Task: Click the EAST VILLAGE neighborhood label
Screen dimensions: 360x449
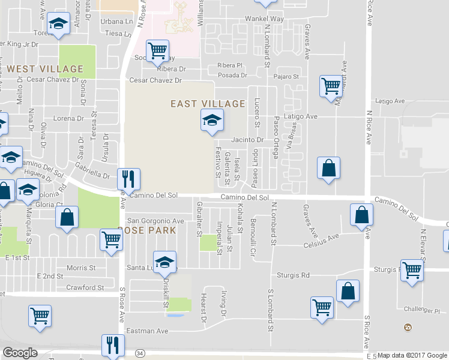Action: [208, 104]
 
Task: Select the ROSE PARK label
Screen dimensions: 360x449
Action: [147, 230]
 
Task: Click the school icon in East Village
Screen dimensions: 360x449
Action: [212, 121]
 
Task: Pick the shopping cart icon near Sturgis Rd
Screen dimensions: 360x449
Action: [412, 271]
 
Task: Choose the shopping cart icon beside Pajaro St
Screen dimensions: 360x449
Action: [331, 87]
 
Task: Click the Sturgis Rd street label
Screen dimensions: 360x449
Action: [293, 275]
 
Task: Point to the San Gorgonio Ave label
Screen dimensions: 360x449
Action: [155, 221]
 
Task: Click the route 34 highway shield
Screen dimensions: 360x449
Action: [140, 352]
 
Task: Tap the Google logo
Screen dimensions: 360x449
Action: [20, 353]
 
